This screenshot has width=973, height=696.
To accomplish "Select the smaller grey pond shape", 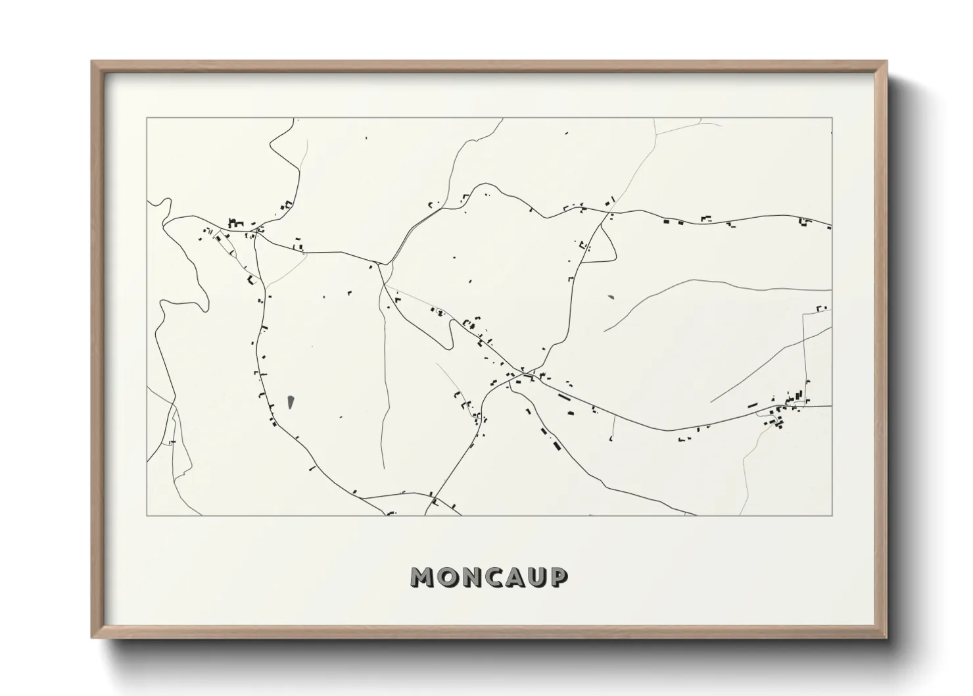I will pos(612,297).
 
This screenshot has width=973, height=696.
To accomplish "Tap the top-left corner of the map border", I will pos(147,118).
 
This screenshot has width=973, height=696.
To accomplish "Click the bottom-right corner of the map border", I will pos(832,515).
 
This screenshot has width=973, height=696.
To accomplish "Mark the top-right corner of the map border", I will pos(832,118).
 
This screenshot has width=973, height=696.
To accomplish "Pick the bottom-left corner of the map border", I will pos(147,515).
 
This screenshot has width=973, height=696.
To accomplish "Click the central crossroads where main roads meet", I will pos(523,374).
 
